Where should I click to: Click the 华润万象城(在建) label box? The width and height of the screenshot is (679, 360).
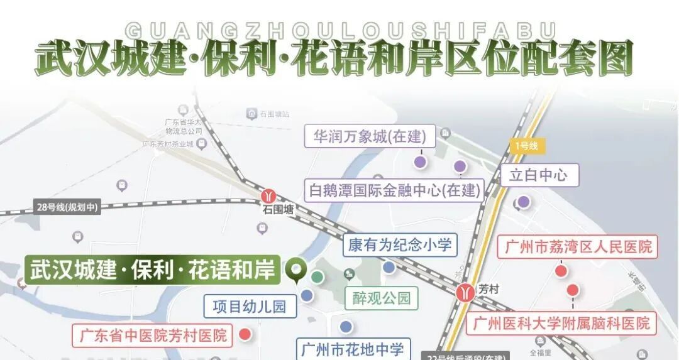pyautogui.click(x=370, y=136)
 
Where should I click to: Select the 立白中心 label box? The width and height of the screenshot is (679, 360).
pyautogui.click(x=539, y=175)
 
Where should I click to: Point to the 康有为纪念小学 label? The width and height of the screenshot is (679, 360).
pyautogui.click(x=400, y=244)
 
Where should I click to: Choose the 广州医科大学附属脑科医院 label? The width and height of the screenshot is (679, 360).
pyautogui.click(x=561, y=324)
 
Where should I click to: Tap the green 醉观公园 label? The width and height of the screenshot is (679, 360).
pyautogui.click(x=382, y=297)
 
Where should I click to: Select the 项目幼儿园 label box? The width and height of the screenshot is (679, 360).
pyautogui.click(x=250, y=306)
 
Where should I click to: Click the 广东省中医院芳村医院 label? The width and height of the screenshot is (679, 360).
pyautogui.click(x=153, y=335)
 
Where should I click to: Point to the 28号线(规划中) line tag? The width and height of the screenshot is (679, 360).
pyautogui.click(x=67, y=207)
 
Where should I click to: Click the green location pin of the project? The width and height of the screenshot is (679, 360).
pyautogui.click(x=295, y=269)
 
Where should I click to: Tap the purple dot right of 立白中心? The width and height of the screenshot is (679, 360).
pyautogui.click(x=523, y=202)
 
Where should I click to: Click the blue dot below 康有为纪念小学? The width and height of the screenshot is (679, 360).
pyautogui.click(x=389, y=268)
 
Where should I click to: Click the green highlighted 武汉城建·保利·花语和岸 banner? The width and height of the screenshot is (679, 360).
pyautogui.click(x=153, y=270)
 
